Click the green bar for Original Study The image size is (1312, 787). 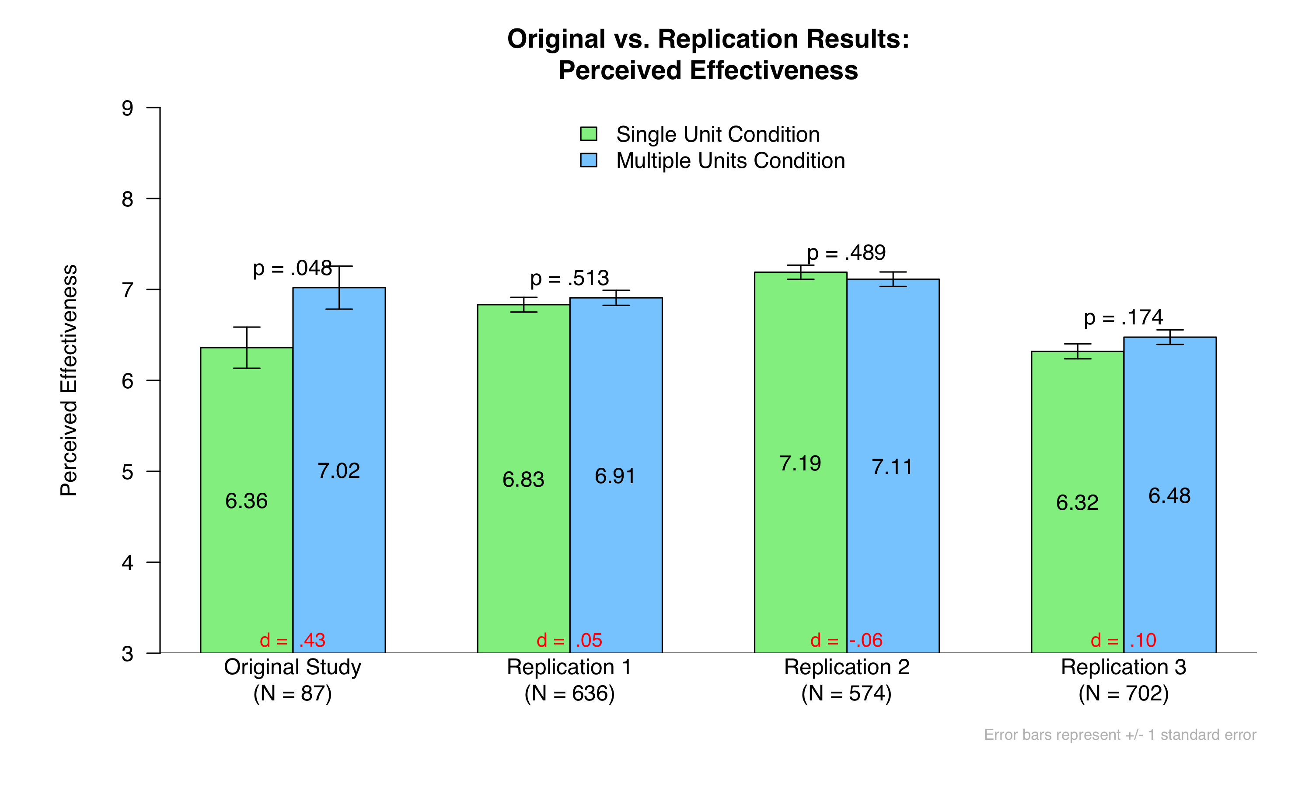coord(247,500)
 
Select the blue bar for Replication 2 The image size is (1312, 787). coord(893,466)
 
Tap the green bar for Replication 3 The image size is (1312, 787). coord(1077,501)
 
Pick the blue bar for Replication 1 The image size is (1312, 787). coord(616,475)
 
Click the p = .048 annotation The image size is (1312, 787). coord(292,268)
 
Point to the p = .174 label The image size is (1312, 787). coord(1123,318)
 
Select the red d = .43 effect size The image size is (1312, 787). coord(292,640)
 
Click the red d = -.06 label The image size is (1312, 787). coord(846,640)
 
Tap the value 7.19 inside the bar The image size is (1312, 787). coord(800,463)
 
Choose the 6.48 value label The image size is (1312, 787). coord(1169,496)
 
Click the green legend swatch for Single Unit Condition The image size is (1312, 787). coord(589,134)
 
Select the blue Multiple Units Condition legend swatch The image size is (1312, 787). coord(589,160)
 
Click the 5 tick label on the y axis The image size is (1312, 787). coord(127,471)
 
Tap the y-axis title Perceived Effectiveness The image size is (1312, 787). coord(69,380)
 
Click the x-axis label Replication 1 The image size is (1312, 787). coord(569,667)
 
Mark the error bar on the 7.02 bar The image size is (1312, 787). coord(339,287)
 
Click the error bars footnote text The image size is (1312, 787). coord(1120,735)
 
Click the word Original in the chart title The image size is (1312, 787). coord(556,39)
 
